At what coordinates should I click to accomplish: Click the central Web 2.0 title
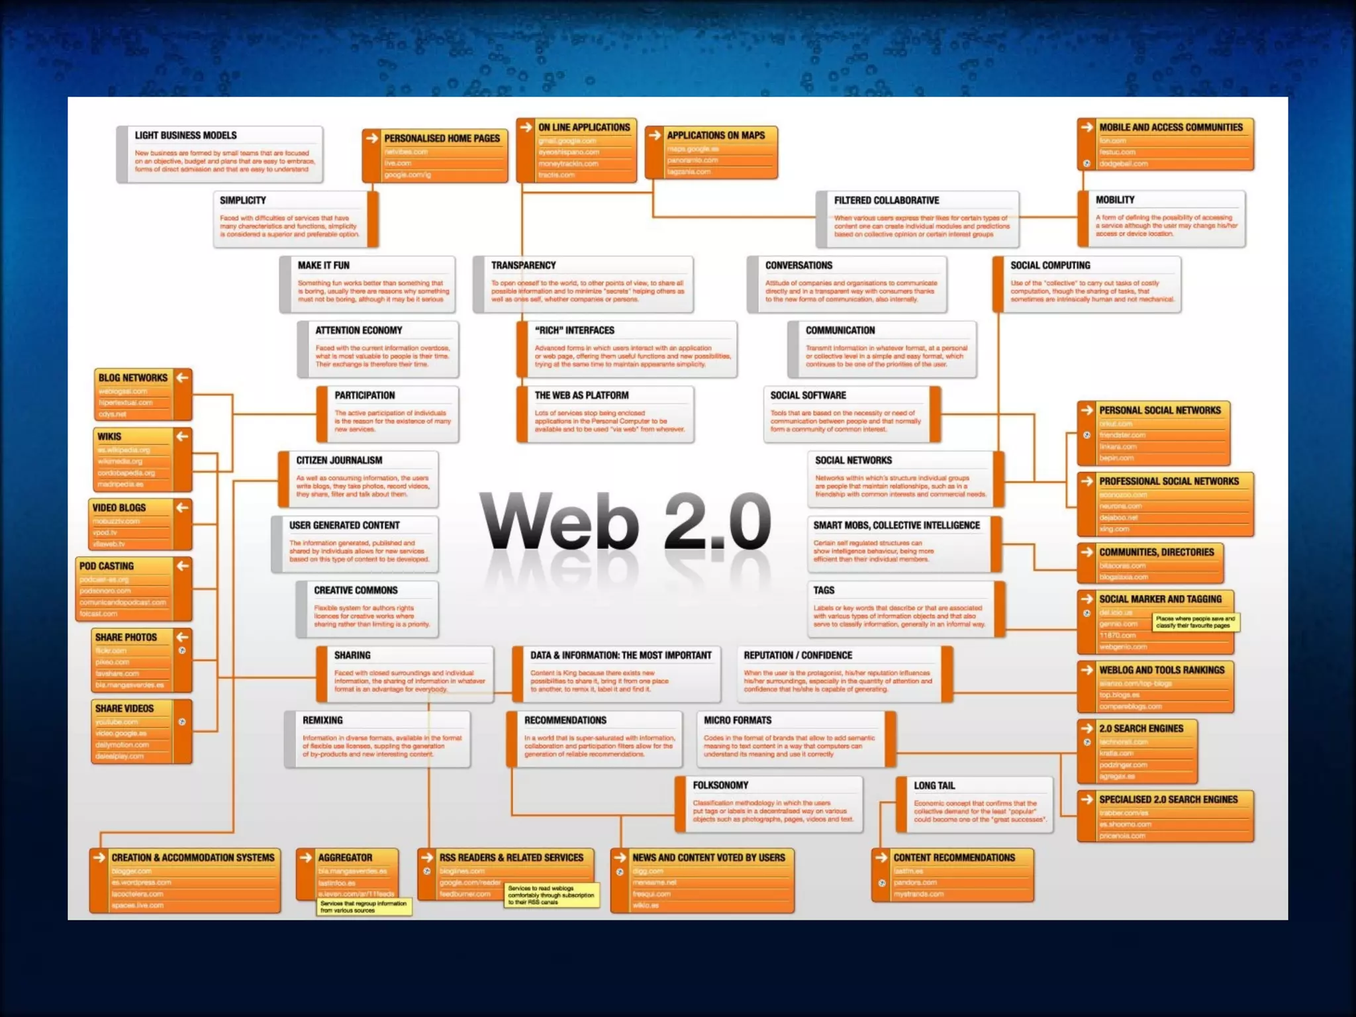pos(626,522)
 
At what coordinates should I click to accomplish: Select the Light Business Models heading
pos(185,136)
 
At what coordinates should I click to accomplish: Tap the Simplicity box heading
pos(243,201)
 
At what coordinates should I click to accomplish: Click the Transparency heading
pos(523,266)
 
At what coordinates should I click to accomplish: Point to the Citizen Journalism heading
pos(339,461)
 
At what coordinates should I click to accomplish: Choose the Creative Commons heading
pos(356,591)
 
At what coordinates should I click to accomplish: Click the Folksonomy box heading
pos(720,785)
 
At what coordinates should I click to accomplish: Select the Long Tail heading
pos(934,786)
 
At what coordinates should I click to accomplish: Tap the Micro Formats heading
pos(738,720)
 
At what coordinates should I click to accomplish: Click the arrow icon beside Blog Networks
pos(183,377)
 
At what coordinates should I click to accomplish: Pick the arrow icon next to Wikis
pos(183,436)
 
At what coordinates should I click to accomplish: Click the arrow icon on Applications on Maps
pos(655,135)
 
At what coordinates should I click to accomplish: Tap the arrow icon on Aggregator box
pos(306,857)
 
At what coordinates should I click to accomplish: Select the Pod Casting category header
pos(107,566)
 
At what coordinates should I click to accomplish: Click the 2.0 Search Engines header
pos(1141,728)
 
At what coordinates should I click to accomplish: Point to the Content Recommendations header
pos(954,857)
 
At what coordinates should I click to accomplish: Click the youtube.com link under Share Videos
pos(117,722)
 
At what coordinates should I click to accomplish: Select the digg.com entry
pos(648,871)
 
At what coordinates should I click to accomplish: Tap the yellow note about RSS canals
pos(551,895)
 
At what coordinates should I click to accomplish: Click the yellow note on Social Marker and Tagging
pos(1195,622)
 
